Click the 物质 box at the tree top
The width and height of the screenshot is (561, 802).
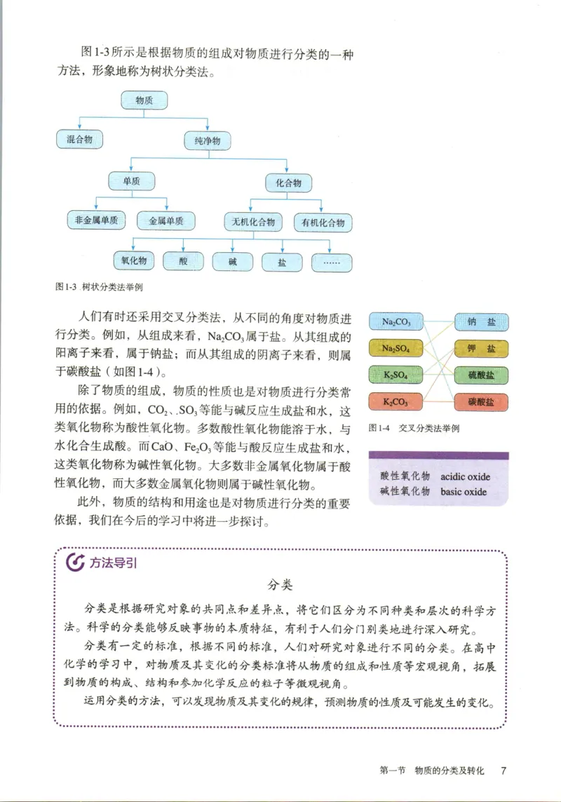tap(144, 101)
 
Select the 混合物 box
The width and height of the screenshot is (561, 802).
tap(79, 139)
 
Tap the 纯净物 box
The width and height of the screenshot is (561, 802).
tap(207, 141)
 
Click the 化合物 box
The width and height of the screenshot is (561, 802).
tap(288, 184)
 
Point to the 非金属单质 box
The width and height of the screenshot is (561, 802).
tap(96, 221)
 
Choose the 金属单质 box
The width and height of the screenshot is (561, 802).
tap(166, 221)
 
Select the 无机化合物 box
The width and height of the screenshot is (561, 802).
tap(253, 223)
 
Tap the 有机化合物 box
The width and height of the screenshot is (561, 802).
tap(323, 223)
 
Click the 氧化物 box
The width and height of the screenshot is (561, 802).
tap(133, 261)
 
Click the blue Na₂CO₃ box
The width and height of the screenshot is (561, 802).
tap(397, 322)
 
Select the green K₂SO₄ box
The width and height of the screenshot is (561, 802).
tap(397, 375)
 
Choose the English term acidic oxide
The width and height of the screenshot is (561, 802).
tap(466, 477)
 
